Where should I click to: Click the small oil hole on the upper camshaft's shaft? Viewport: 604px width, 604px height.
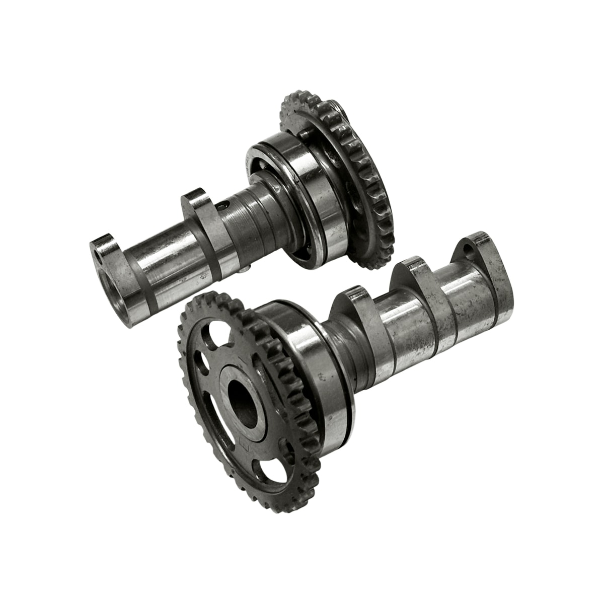click(225, 205)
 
